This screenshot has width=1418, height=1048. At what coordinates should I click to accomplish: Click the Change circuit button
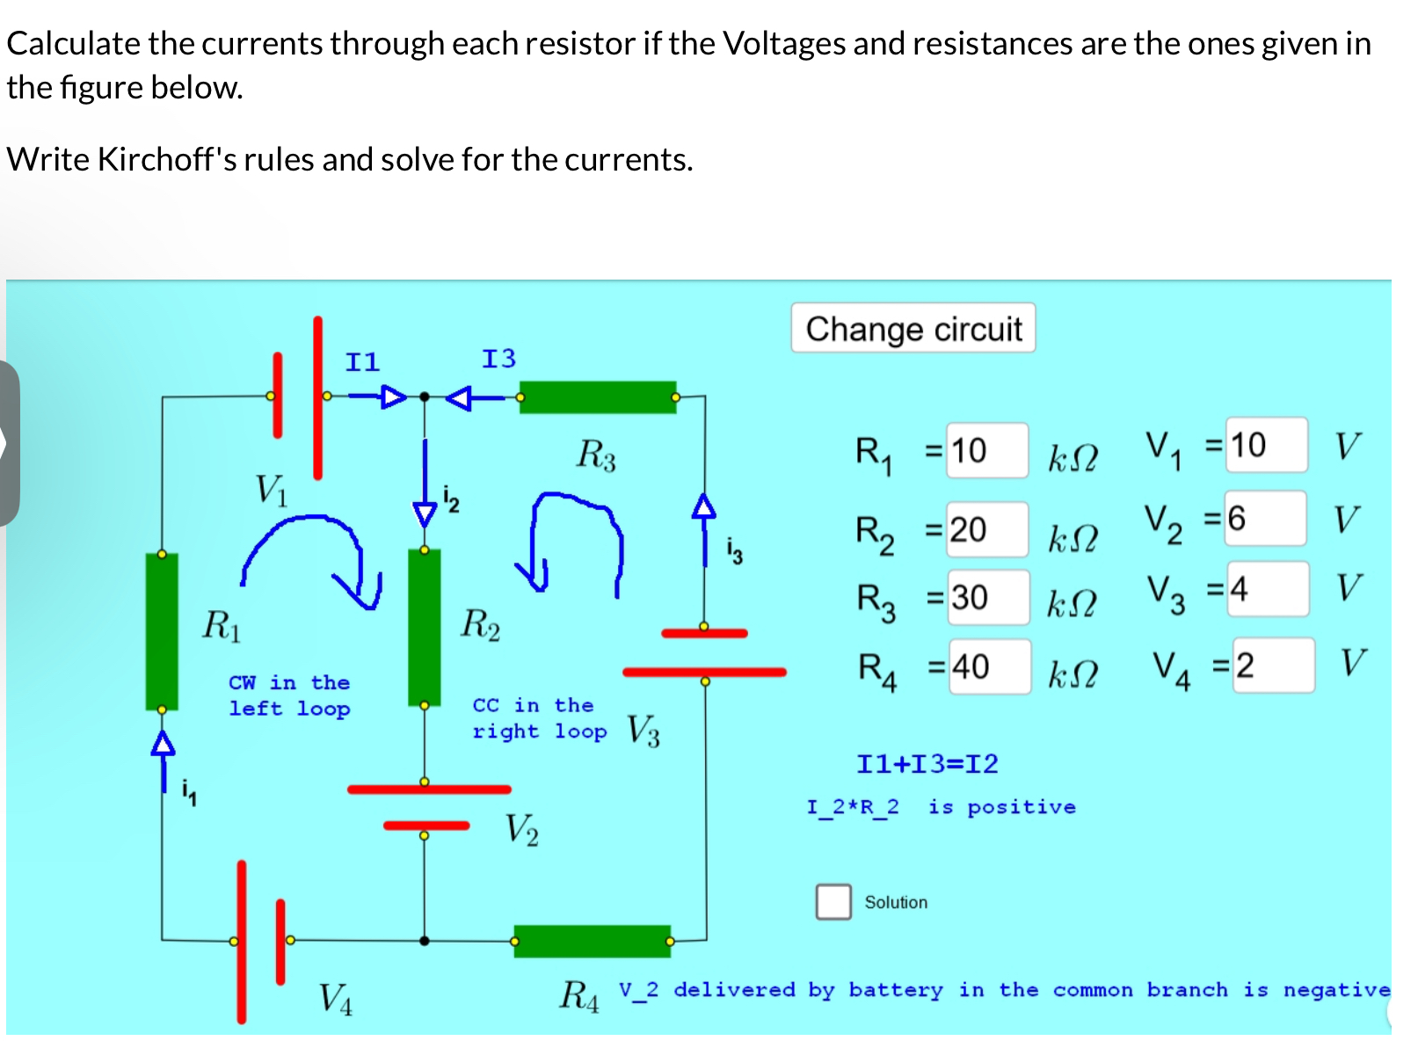pos(913,329)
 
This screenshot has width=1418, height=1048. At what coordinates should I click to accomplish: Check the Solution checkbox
pos(833,901)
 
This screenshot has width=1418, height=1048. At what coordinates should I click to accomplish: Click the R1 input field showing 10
pos(985,451)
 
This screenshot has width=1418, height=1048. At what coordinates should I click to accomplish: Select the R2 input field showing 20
pos(985,529)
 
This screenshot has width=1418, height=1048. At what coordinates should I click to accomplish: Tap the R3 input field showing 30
pos(987,598)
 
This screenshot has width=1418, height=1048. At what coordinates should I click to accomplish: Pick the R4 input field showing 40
pos(988,666)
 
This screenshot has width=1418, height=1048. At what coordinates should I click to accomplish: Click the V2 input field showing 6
pos(1265,519)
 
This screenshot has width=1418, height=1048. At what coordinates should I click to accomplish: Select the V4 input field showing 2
pos(1271,666)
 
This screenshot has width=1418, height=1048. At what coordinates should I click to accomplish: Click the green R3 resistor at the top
pos(598,397)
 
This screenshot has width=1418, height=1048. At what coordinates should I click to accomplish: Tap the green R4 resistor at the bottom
pos(592,941)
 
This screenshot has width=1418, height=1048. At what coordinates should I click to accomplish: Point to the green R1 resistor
pos(162,631)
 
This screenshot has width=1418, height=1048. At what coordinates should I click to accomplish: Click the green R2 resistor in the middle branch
pos(425,627)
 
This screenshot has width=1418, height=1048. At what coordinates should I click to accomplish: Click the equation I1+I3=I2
pos(927,763)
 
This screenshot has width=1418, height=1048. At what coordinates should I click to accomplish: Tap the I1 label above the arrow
pos(362,362)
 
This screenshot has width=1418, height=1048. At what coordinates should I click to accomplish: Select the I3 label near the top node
pos(498,359)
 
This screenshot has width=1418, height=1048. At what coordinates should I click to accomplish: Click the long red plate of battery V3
pos(703,673)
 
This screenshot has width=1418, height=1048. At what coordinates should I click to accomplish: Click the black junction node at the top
pos(425,397)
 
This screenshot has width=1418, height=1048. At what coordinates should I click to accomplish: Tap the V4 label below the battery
pos(335,999)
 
